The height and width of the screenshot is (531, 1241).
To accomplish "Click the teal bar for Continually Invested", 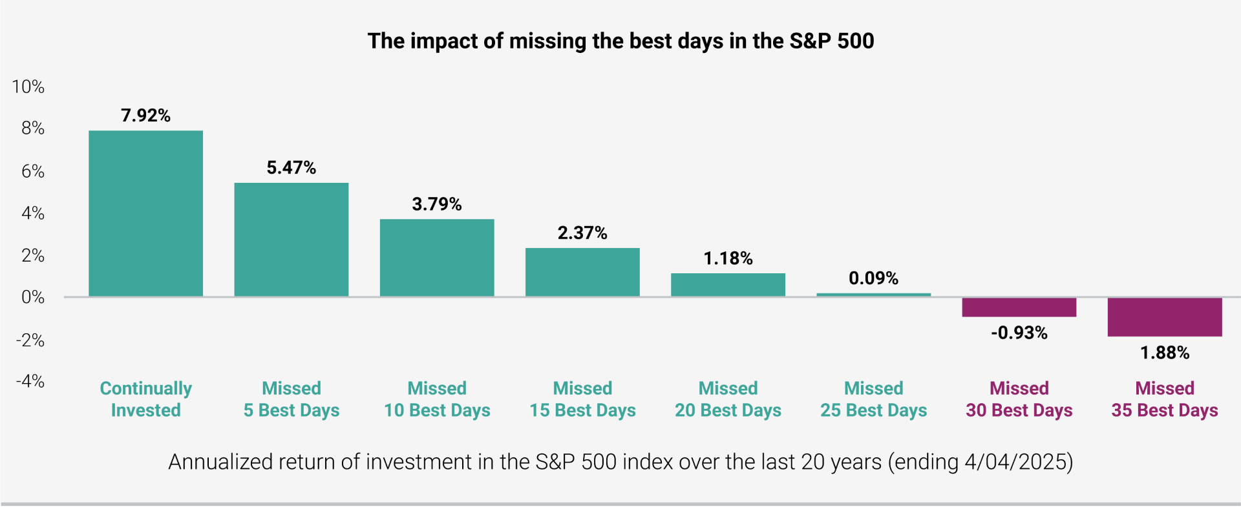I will point(145,213).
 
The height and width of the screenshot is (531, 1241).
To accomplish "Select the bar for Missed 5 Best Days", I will point(291,240).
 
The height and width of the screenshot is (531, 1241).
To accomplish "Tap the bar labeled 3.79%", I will point(437,258).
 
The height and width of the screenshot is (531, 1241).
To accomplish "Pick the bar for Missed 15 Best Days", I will point(582,272).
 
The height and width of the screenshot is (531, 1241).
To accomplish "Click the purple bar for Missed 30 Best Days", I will point(1019,307).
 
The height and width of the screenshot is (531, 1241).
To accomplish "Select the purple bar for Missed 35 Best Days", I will point(1164,317).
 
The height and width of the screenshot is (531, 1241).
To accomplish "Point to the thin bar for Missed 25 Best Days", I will point(873,295).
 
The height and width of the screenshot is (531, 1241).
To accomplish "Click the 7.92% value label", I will point(145,116).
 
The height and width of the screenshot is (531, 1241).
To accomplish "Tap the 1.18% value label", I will point(728,258).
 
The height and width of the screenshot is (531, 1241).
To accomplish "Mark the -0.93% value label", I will point(1019,333).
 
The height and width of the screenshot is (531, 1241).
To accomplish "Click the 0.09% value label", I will point(873,278).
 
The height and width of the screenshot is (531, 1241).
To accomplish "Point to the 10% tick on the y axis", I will point(28,87).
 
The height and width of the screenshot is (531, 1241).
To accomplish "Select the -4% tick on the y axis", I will point(30,381).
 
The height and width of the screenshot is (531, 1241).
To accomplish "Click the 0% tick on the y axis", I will point(33,297).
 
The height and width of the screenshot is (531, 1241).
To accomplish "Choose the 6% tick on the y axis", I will point(33,171).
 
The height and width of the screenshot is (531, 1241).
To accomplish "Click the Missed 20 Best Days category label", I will point(728,399).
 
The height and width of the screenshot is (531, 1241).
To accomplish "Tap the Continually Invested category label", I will point(145,399).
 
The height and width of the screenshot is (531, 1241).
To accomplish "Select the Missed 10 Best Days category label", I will point(437,399).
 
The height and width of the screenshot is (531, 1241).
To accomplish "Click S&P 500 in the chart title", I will point(831,41).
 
